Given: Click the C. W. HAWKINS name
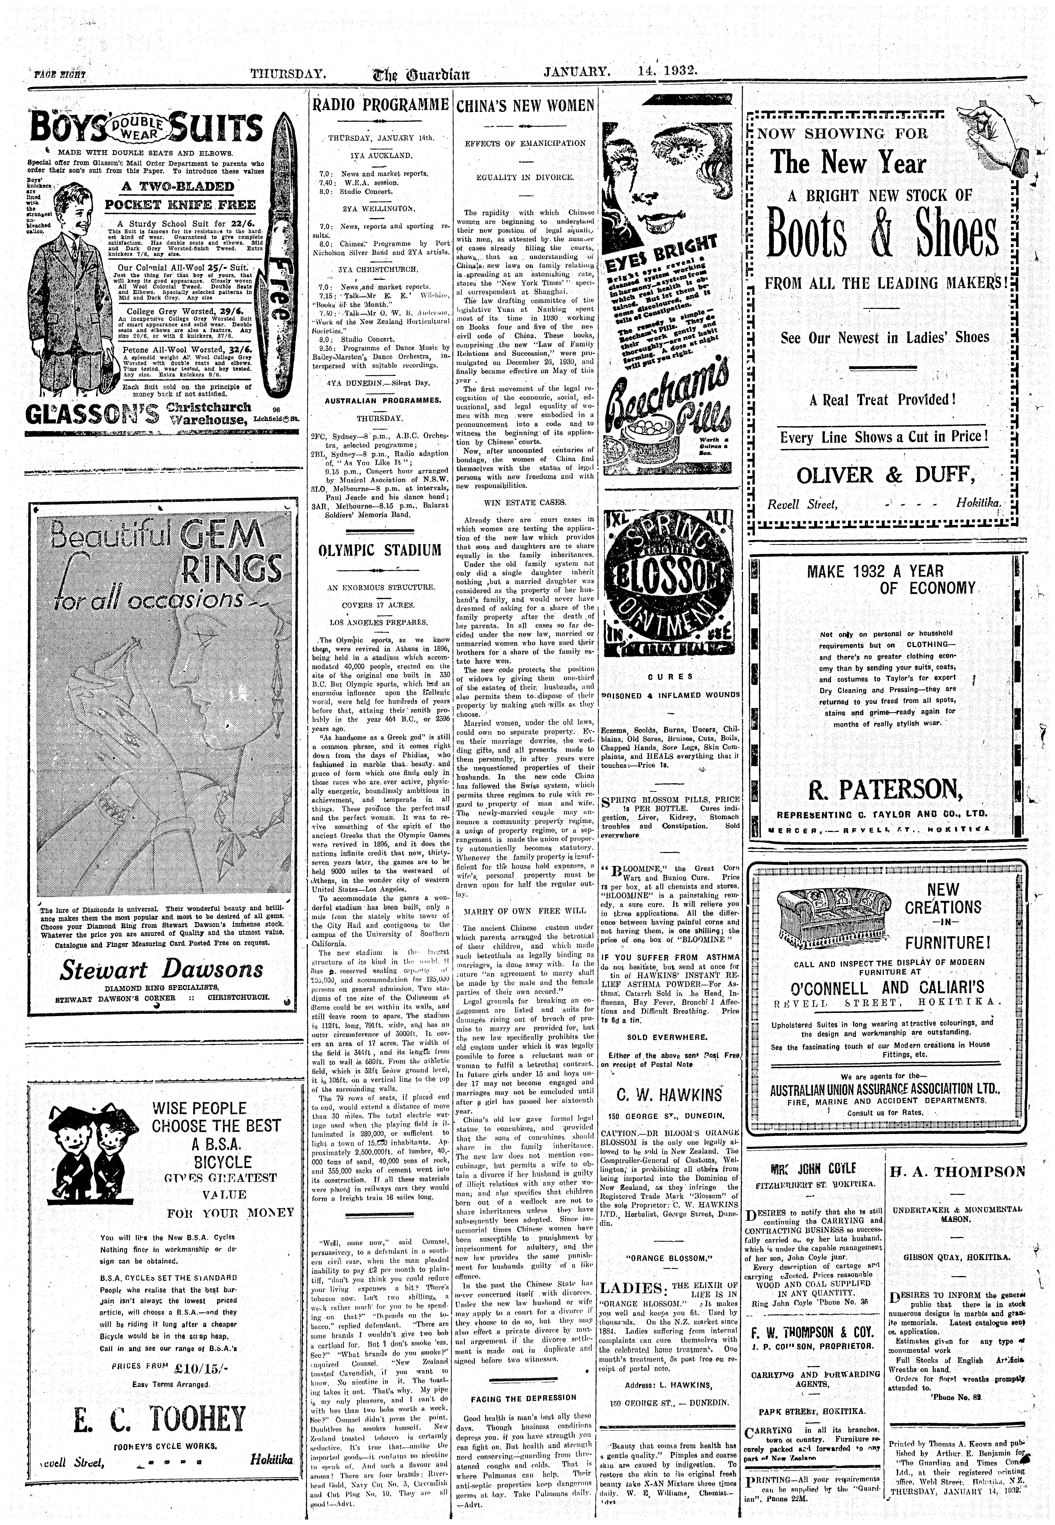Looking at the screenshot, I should [x=669, y=1094].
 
